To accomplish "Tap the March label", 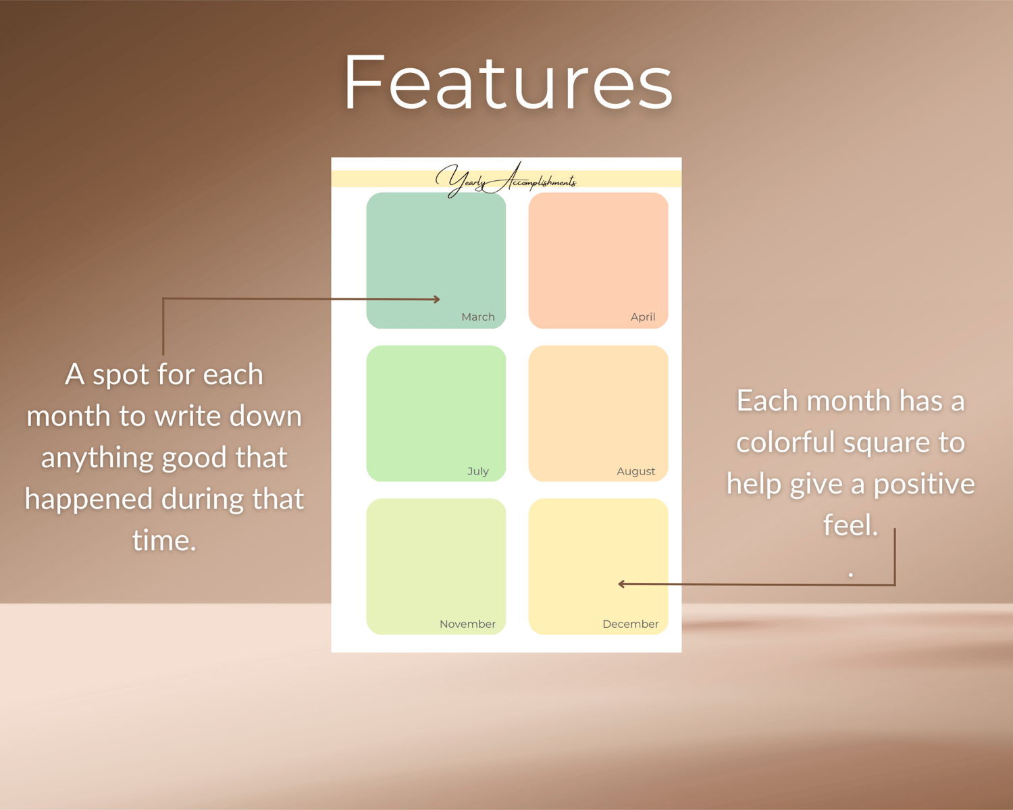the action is pyautogui.click(x=477, y=317).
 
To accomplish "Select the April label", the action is pyautogui.click(x=642, y=317).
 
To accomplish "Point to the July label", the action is pyautogui.click(x=477, y=471).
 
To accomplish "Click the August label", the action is pyautogui.click(x=635, y=471).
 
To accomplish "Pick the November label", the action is pyautogui.click(x=467, y=624).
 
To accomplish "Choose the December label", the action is pyautogui.click(x=630, y=624).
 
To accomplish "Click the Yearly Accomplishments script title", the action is pyautogui.click(x=506, y=180).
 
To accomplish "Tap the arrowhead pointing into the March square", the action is pyautogui.click(x=437, y=299).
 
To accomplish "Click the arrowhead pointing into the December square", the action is pyautogui.click(x=621, y=584).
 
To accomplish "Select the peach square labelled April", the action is pyautogui.click(x=598, y=261).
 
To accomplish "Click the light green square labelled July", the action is pyautogui.click(x=436, y=413).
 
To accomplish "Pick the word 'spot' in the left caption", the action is pyautogui.click(x=120, y=376).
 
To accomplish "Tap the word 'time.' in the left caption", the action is pyautogui.click(x=164, y=540).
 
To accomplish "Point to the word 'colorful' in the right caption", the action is pyautogui.click(x=785, y=442).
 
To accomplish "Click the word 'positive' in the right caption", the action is pyautogui.click(x=924, y=485).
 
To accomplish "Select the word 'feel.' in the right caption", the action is pyautogui.click(x=851, y=524).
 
